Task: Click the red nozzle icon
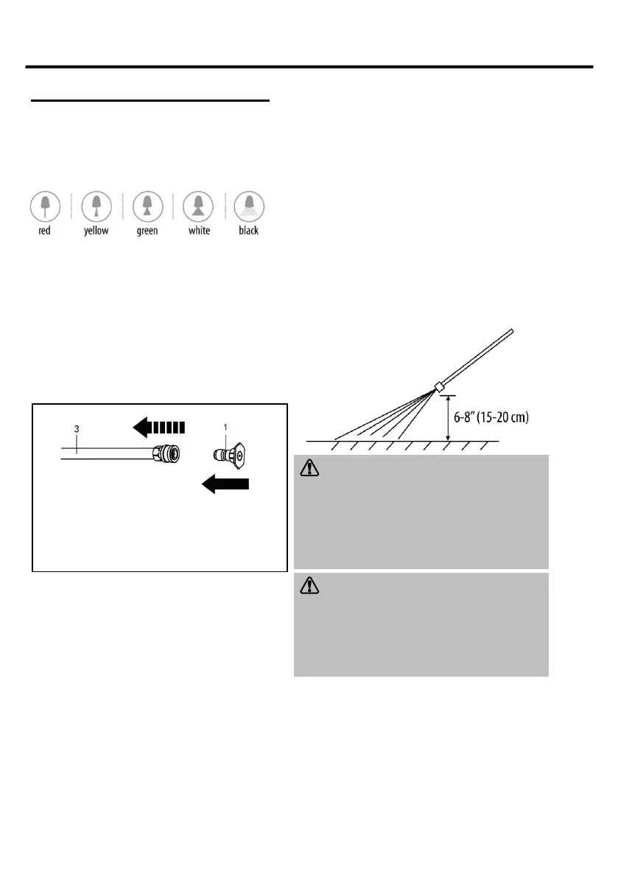pos(45,206)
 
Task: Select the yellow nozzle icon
pos(96,206)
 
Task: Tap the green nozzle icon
pos(147,206)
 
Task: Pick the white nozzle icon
pos(198,206)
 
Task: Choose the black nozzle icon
pos(249,206)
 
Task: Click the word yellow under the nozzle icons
pos(96,231)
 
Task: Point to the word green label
pos(147,231)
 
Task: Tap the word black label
pos(249,231)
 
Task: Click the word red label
pos(45,231)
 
